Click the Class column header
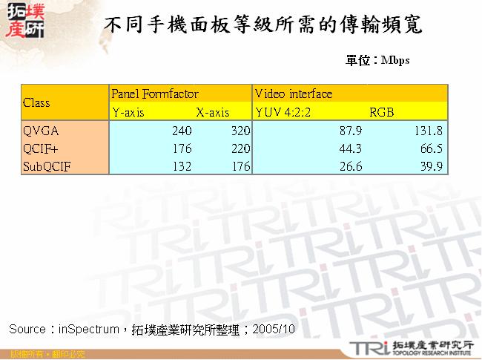point(37,102)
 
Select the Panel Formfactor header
point(155,94)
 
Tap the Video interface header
point(294,94)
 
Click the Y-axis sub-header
point(128,113)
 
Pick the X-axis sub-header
point(213,113)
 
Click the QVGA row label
point(42,131)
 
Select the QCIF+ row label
point(42,148)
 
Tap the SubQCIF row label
point(47,166)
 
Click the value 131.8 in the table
point(428,131)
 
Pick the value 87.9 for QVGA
point(350,131)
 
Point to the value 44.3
point(350,148)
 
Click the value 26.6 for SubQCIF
point(350,166)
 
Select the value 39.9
point(431,166)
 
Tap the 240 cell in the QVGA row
point(182,131)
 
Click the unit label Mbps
point(395,61)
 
